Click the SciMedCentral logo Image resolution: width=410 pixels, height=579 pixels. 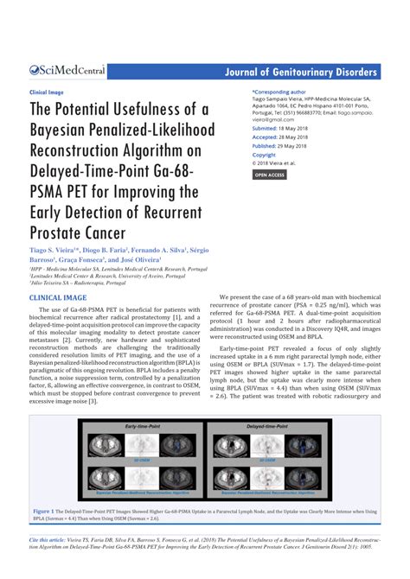pos(68,70)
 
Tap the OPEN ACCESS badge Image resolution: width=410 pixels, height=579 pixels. pos(270,175)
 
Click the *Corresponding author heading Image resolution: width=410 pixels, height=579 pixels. pos(279,91)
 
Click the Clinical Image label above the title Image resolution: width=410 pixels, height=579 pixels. pos(48,91)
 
